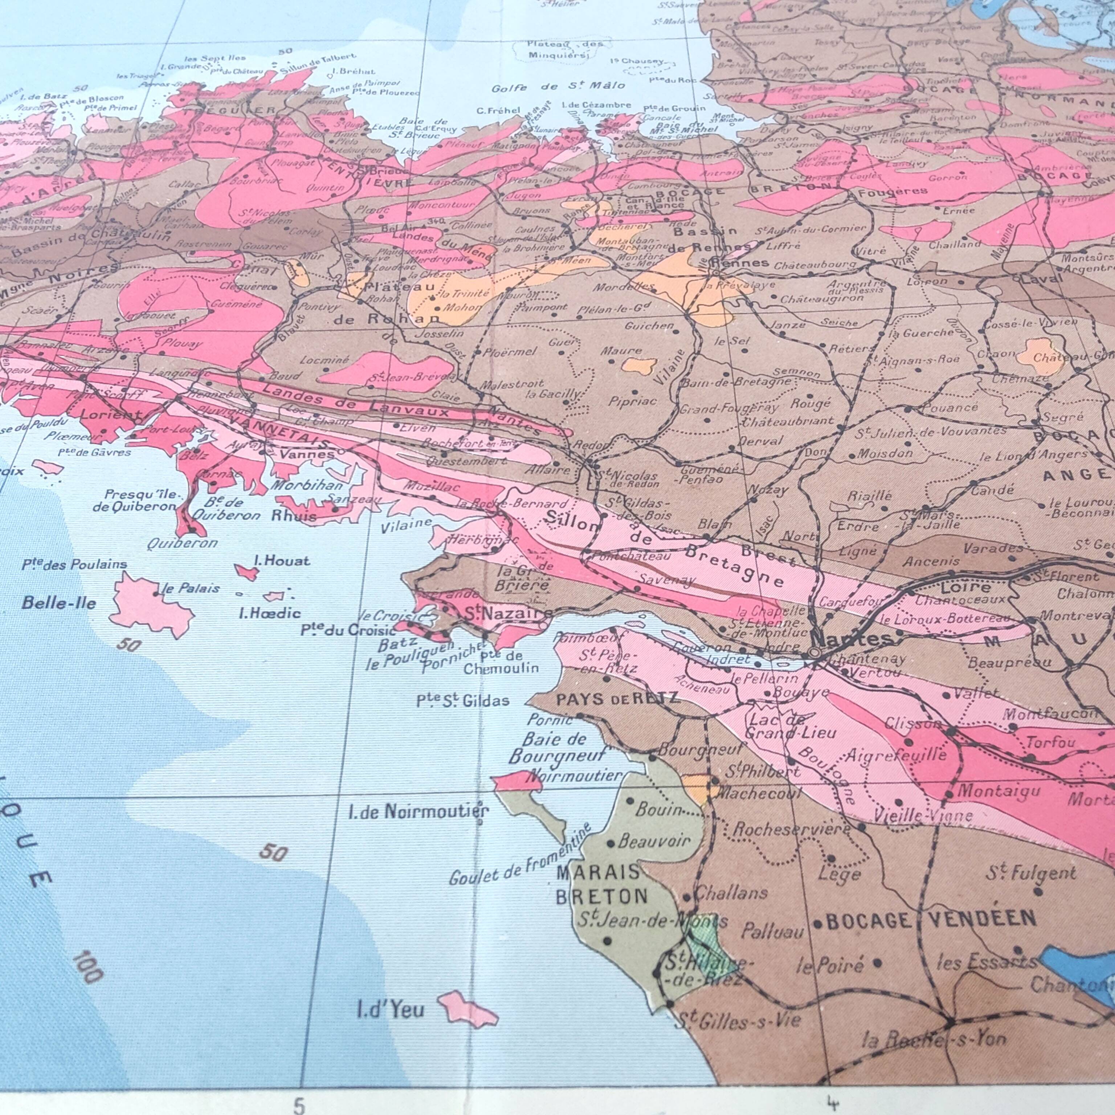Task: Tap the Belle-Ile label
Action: (x=58, y=603)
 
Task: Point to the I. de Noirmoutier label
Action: (x=418, y=812)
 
